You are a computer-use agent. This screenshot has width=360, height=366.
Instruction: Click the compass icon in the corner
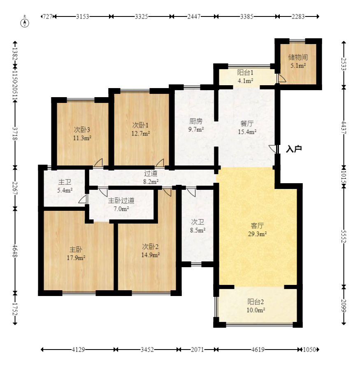tap(25, 22)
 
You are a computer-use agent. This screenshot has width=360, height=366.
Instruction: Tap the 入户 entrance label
tap(294, 149)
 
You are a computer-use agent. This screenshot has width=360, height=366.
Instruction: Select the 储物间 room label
tap(298, 57)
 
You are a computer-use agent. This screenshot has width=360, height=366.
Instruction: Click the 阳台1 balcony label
tap(245, 72)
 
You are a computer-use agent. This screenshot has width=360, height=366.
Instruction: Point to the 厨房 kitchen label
tap(196, 121)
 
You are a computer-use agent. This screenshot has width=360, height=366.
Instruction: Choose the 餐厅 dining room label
tap(247, 124)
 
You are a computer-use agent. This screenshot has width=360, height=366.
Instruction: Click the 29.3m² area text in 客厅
tap(257, 234)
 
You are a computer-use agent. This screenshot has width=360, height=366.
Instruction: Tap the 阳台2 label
tap(255, 302)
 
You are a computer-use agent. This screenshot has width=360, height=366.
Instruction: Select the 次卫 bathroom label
tap(197, 222)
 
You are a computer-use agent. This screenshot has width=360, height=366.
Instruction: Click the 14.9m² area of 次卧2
tap(151, 255)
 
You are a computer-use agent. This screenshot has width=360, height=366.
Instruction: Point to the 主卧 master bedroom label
tap(76, 249)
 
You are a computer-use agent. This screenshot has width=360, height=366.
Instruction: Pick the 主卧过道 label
tap(121, 200)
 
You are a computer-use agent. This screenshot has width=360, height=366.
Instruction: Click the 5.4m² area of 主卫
tap(65, 190)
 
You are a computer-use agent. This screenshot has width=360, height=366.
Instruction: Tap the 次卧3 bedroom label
tap(82, 130)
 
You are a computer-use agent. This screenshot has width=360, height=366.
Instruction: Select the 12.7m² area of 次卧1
tap(140, 133)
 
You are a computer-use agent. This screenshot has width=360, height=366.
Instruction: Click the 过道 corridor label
tap(151, 173)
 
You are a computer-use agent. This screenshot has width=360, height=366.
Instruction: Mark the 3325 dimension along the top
tap(142, 16)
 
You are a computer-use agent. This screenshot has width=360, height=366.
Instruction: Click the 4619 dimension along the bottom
tap(258, 350)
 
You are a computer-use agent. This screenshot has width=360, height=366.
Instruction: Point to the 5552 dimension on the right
tap(344, 236)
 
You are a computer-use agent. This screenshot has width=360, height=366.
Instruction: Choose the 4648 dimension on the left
tap(15, 251)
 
